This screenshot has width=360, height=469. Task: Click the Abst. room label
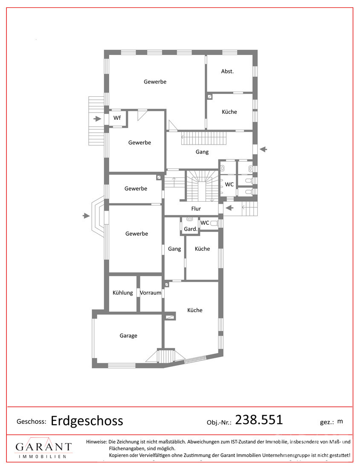[227, 71]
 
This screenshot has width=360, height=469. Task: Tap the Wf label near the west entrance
[117, 118]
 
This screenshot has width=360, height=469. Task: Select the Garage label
[128, 336]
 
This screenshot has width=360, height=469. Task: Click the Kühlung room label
[123, 292]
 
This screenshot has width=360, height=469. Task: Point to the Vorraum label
[151, 292]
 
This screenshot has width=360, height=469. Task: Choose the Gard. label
[191, 229]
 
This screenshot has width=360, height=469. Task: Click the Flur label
[196, 208]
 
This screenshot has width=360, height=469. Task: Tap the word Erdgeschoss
[87, 421]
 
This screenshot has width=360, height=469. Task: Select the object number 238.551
[259, 420]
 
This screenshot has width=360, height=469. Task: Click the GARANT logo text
[44, 447]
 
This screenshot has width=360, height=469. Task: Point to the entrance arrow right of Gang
[263, 149]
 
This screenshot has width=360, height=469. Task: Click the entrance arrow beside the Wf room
[97, 119]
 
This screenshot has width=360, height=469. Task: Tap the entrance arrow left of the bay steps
[86, 215]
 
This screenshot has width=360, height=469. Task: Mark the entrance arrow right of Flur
[229, 208]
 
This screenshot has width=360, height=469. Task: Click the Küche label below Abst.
[229, 112]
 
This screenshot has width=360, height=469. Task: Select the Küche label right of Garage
[195, 310]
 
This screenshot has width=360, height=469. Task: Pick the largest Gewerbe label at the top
[155, 82]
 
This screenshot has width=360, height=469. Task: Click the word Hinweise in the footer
[96, 441]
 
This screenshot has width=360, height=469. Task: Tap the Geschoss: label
[32, 421]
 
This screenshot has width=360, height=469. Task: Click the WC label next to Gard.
[205, 223]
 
